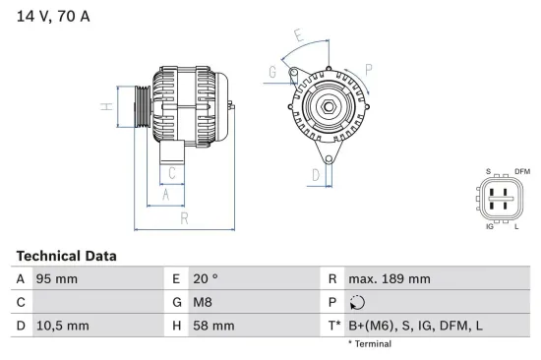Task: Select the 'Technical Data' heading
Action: click(66, 256)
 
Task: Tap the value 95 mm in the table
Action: click(58, 279)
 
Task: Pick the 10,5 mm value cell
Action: click(63, 325)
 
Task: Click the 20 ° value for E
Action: click(204, 279)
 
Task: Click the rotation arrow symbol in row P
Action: click(356, 302)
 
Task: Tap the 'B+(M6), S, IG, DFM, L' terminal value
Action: click(417, 325)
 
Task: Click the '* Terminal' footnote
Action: click(369, 344)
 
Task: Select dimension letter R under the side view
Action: click(183, 218)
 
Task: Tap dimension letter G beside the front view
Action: click(272, 72)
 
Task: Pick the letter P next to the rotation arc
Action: click(368, 68)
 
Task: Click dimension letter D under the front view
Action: click(315, 176)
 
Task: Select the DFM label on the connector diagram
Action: click(521, 172)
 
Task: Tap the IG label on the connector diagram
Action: click(489, 226)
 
